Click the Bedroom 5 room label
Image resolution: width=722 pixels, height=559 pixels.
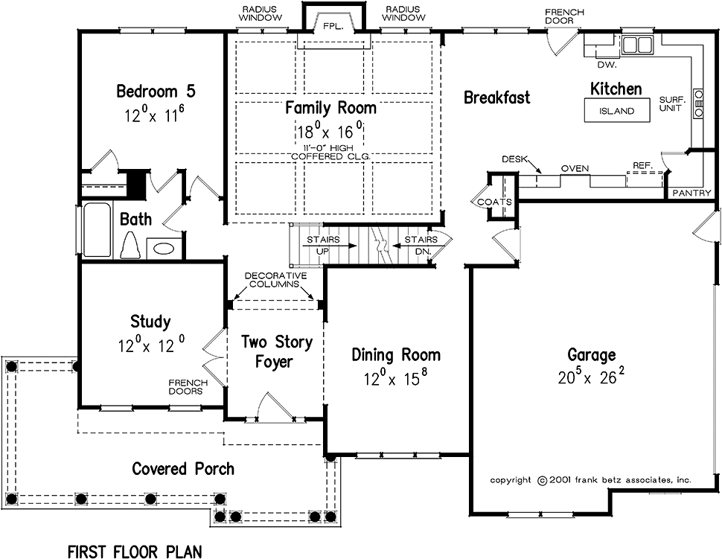(156, 92)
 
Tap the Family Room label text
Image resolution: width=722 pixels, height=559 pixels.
(330, 107)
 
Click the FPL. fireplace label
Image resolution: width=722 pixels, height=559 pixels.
(331, 25)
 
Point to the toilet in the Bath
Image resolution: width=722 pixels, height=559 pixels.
(131, 243)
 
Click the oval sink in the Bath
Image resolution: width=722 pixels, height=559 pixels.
(163, 248)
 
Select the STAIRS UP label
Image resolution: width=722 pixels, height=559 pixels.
(322, 245)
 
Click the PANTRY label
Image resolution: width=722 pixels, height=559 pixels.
(691, 193)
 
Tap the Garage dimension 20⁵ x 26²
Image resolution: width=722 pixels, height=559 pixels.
(590, 377)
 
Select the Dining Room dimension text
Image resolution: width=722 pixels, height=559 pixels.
(396, 378)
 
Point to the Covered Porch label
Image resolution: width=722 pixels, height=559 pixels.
(182, 468)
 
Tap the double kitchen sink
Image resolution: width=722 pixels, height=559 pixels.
(636, 45)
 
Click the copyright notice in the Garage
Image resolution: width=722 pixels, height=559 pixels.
(590, 480)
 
